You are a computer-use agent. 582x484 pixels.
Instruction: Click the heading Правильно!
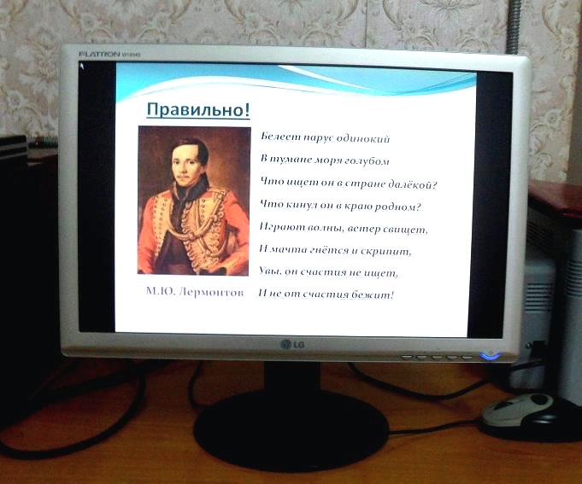[198, 110]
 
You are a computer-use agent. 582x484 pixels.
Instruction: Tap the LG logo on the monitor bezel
[292, 344]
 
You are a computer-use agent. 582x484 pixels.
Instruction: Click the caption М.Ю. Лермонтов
[195, 292]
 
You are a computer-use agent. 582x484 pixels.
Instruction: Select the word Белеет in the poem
[281, 137]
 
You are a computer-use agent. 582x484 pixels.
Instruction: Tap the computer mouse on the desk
[518, 409]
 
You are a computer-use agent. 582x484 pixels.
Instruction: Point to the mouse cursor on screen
[82, 67]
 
